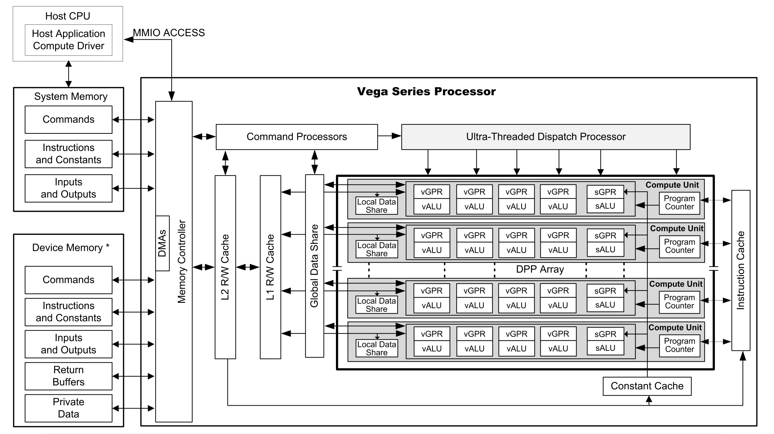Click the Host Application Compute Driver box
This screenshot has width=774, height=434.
(x=68, y=40)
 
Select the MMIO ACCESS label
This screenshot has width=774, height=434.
(x=169, y=33)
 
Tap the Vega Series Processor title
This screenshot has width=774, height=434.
(x=426, y=91)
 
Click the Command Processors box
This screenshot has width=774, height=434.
(x=297, y=137)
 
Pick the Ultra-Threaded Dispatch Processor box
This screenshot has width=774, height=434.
(x=546, y=137)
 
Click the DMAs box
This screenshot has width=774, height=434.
(x=162, y=243)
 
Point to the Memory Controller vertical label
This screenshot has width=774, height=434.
(x=181, y=261)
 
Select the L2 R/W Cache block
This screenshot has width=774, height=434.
(x=225, y=267)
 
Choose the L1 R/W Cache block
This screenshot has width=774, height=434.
(x=270, y=267)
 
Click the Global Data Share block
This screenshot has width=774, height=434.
(x=314, y=266)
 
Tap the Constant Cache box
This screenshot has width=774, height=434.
(x=647, y=386)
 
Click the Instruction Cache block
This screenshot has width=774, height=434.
(x=741, y=270)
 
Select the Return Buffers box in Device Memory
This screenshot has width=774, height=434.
(x=68, y=376)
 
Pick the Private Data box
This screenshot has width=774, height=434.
(x=68, y=408)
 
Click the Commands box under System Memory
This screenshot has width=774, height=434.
(x=68, y=119)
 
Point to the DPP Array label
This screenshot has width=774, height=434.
(x=540, y=269)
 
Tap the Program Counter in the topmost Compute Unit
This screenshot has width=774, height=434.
(x=679, y=203)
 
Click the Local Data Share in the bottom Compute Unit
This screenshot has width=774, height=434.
(x=377, y=348)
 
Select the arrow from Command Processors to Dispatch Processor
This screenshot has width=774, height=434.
(x=390, y=136)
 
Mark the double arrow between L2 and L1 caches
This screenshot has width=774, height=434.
(x=248, y=267)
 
